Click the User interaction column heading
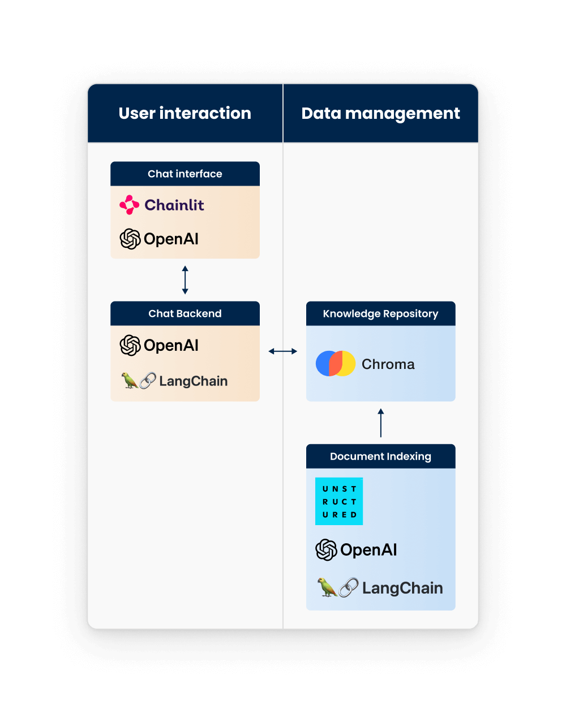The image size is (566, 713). pyautogui.click(x=185, y=113)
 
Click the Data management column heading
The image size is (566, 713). pyautogui.click(x=380, y=113)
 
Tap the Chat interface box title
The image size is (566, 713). pyautogui.click(x=185, y=174)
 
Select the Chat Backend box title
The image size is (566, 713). pyautogui.click(x=185, y=313)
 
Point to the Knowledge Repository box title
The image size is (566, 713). pyautogui.click(x=380, y=313)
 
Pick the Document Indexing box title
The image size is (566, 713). pyautogui.click(x=380, y=456)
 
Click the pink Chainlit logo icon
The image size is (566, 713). pyautogui.click(x=130, y=205)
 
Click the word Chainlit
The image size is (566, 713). pyautogui.click(x=174, y=205)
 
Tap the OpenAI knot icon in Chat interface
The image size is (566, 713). pyautogui.click(x=130, y=239)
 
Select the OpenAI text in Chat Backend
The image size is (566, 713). pyautogui.click(x=171, y=345)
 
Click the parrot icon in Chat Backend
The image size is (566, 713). pyautogui.click(x=130, y=381)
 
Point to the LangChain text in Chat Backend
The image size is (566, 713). pyautogui.click(x=193, y=381)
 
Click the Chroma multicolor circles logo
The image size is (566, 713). pyautogui.click(x=336, y=364)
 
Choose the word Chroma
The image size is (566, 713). pyautogui.click(x=388, y=364)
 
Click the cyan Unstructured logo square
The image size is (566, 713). pyautogui.click(x=339, y=501)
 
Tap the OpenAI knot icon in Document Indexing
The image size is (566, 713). pyautogui.click(x=326, y=550)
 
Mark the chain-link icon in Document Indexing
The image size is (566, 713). pyautogui.click(x=349, y=588)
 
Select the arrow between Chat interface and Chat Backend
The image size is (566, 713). pyautogui.click(x=185, y=280)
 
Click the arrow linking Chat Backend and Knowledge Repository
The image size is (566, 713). pyautogui.click(x=282, y=351)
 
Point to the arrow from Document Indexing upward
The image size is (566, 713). pyautogui.click(x=380, y=423)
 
